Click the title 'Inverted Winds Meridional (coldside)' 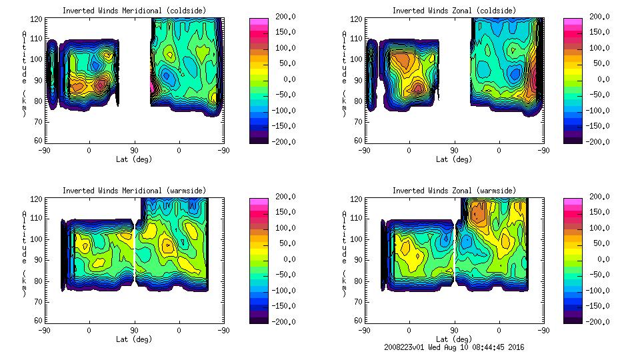pyautogui.click(x=134, y=11)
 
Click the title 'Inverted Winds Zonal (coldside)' pyautogui.click(x=454, y=11)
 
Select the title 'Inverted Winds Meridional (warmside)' pyautogui.click(x=134, y=191)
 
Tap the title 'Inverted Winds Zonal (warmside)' pyautogui.click(x=454, y=191)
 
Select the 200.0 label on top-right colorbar pyautogui.click(x=597, y=16)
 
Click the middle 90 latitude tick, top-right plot pyautogui.click(x=454, y=150)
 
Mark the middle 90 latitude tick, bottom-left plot pyautogui.click(x=134, y=330)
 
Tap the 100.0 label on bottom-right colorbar pyautogui.click(x=597, y=227)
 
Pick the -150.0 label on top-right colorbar pyautogui.click(x=597, y=126)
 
